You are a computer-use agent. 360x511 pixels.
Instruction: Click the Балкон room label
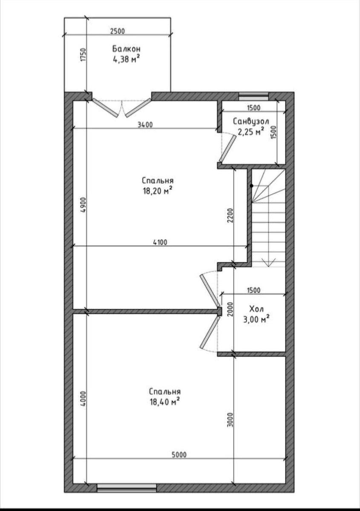click(x=126, y=49)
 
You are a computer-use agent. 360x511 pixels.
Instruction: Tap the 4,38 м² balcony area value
click(x=126, y=59)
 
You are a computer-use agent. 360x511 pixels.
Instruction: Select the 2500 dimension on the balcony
click(x=118, y=31)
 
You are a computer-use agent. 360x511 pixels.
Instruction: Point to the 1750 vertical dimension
click(x=84, y=55)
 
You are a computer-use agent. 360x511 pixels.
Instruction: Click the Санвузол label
click(x=251, y=121)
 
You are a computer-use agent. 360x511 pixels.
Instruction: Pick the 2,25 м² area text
click(x=251, y=132)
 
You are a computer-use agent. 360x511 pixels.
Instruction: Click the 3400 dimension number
click(x=145, y=125)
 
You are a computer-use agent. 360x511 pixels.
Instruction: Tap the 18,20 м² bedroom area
click(x=158, y=191)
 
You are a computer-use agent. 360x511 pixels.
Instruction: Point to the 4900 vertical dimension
click(x=84, y=205)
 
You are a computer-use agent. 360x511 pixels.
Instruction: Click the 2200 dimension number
click(x=230, y=215)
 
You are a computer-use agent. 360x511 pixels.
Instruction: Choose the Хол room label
click(x=256, y=309)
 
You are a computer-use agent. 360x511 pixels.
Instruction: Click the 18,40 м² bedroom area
click(x=164, y=402)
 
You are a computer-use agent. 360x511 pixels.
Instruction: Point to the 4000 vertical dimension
click(x=84, y=399)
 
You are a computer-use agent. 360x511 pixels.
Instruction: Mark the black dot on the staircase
click(x=251, y=186)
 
